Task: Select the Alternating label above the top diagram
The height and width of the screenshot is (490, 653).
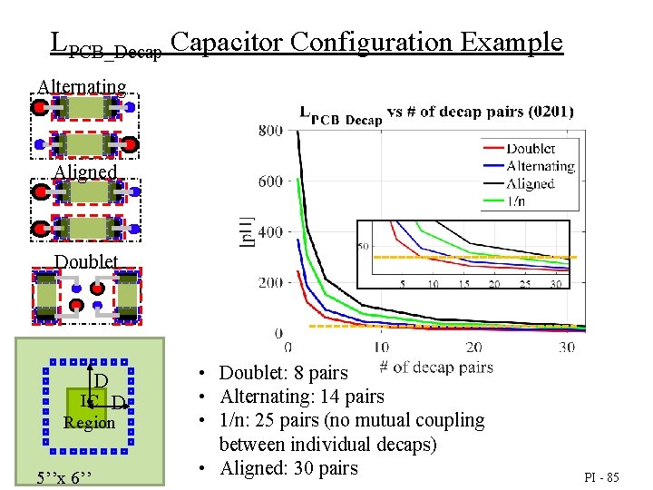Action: pos(82,87)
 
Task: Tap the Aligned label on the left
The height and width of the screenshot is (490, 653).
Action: pos(85,171)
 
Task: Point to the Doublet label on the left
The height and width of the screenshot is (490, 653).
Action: pos(86,261)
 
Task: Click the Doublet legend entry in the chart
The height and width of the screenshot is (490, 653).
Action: pos(531,149)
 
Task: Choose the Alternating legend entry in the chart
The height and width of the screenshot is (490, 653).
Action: pos(541,166)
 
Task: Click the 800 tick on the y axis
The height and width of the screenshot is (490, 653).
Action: pos(269,131)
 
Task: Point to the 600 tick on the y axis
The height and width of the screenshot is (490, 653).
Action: pos(269,181)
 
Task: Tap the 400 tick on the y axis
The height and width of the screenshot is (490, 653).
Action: pos(269,232)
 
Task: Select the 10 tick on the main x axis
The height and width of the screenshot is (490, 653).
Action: pos(381,348)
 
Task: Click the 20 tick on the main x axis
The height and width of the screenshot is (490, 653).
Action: pos(473,348)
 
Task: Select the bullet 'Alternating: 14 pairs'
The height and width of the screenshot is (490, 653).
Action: pos(302,397)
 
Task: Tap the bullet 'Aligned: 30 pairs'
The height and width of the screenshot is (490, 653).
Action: pos(289,468)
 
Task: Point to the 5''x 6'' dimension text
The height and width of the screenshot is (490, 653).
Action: pos(62,477)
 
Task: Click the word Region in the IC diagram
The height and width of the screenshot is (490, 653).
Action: pos(90,423)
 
